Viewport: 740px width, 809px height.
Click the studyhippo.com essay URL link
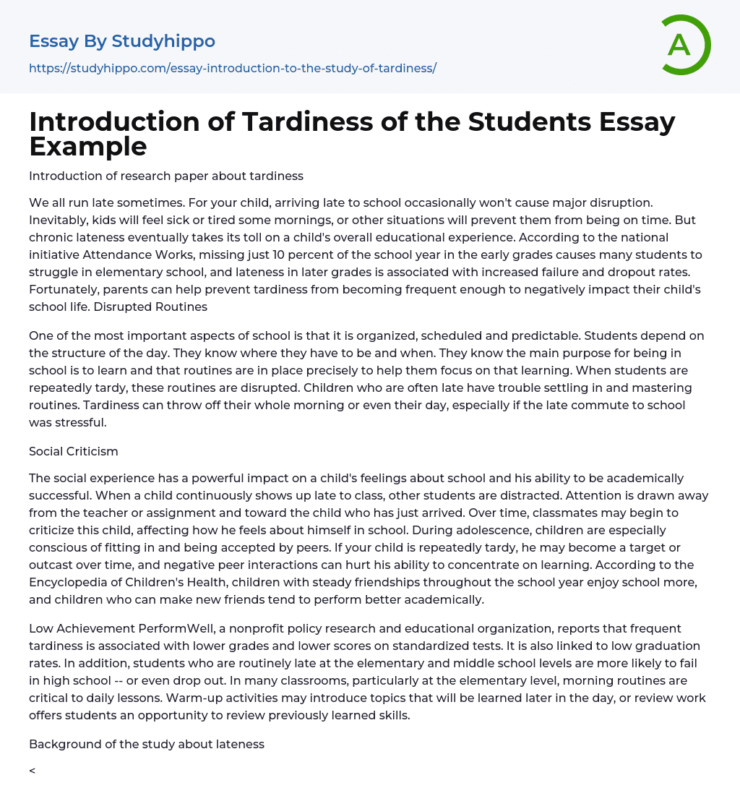click(x=233, y=68)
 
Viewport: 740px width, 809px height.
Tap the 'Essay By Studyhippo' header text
click(x=122, y=41)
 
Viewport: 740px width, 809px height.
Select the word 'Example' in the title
click(x=88, y=146)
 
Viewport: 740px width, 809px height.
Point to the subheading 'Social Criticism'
click(x=74, y=451)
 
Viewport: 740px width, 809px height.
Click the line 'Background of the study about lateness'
click(x=147, y=744)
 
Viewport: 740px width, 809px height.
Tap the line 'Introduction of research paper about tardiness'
click(x=166, y=176)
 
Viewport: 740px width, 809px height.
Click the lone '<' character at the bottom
click(x=33, y=771)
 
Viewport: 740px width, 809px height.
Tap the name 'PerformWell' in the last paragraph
click(x=165, y=629)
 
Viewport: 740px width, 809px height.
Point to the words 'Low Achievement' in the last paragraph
click(x=77, y=629)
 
